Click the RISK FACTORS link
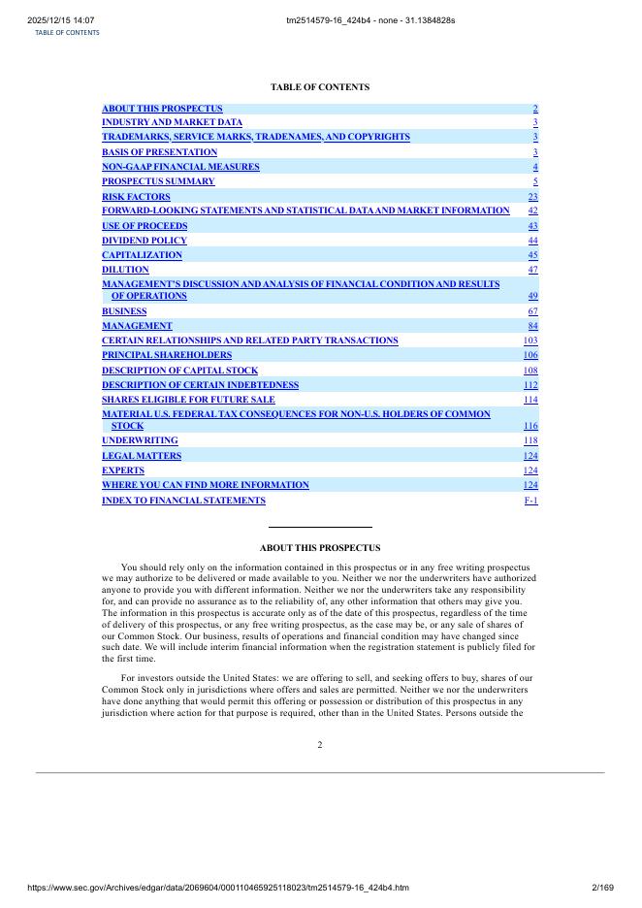click(136, 197)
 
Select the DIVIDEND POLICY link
click(144, 241)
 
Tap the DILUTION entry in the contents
click(125, 270)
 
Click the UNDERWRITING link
click(140, 440)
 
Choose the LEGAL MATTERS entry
click(142, 456)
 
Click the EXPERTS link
click(123, 470)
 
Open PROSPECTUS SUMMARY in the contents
click(158, 181)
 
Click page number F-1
click(530, 501)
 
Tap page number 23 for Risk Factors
click(532, 197)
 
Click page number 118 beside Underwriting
click(530, 440)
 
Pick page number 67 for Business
click(532, 311)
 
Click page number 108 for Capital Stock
click(530, 371)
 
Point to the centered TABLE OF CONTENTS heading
click(320, 87)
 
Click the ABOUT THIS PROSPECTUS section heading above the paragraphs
click(320, 548)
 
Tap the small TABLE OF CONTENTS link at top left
click(67, 32)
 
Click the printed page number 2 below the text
click(320, 745)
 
